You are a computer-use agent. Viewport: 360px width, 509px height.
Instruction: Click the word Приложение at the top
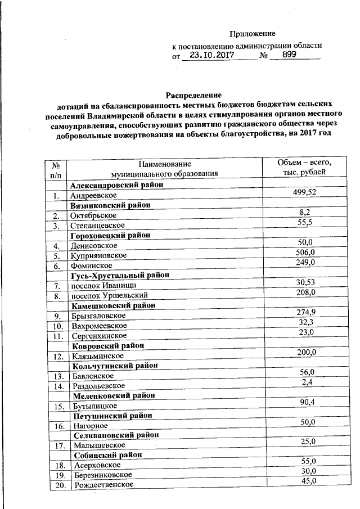256,34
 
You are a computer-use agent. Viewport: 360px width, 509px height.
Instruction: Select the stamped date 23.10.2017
212,56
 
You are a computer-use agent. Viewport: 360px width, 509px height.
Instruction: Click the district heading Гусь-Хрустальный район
119,275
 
